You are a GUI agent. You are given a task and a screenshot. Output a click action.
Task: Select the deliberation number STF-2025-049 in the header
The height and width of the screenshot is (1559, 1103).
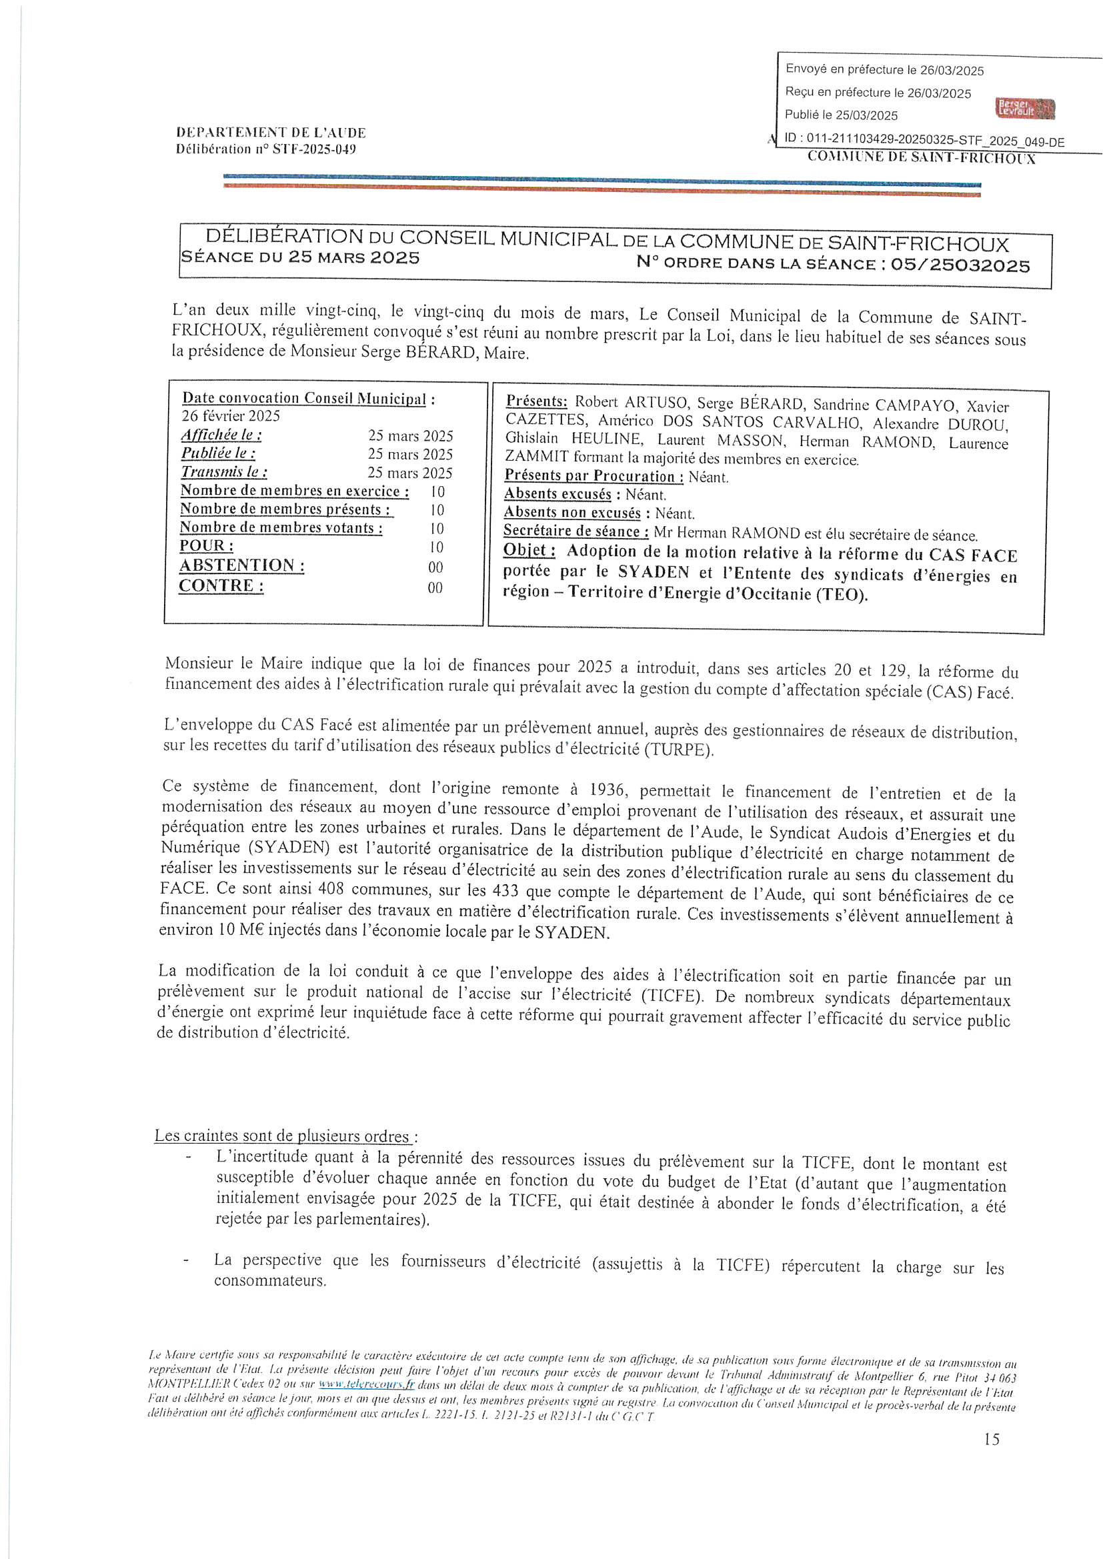pos(314,149)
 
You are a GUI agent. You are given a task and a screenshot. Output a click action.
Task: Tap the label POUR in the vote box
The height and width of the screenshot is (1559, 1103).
pos(207,546)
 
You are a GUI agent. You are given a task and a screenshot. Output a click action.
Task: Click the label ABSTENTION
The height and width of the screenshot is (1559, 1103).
pos(242,565)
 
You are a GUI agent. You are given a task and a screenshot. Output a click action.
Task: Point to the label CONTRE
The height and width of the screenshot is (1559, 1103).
pos(221,586)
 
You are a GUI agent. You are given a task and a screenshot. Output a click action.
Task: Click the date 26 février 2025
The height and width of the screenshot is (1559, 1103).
pos(230,416)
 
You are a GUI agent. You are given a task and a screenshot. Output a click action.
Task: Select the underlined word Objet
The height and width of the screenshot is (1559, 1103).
pos(529,551)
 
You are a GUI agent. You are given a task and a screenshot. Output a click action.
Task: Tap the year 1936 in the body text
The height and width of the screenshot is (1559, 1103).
pos(608,789)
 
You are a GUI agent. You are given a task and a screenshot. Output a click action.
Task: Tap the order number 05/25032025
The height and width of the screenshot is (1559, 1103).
pos(960,265)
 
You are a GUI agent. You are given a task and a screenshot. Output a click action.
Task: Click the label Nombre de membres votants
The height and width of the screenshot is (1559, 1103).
pos(281,528)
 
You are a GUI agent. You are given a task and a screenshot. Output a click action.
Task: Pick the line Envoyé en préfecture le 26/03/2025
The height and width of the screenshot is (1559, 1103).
pos(884,70)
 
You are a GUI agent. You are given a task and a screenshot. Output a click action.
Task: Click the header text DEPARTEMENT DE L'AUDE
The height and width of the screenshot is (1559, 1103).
pos(271,133)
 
